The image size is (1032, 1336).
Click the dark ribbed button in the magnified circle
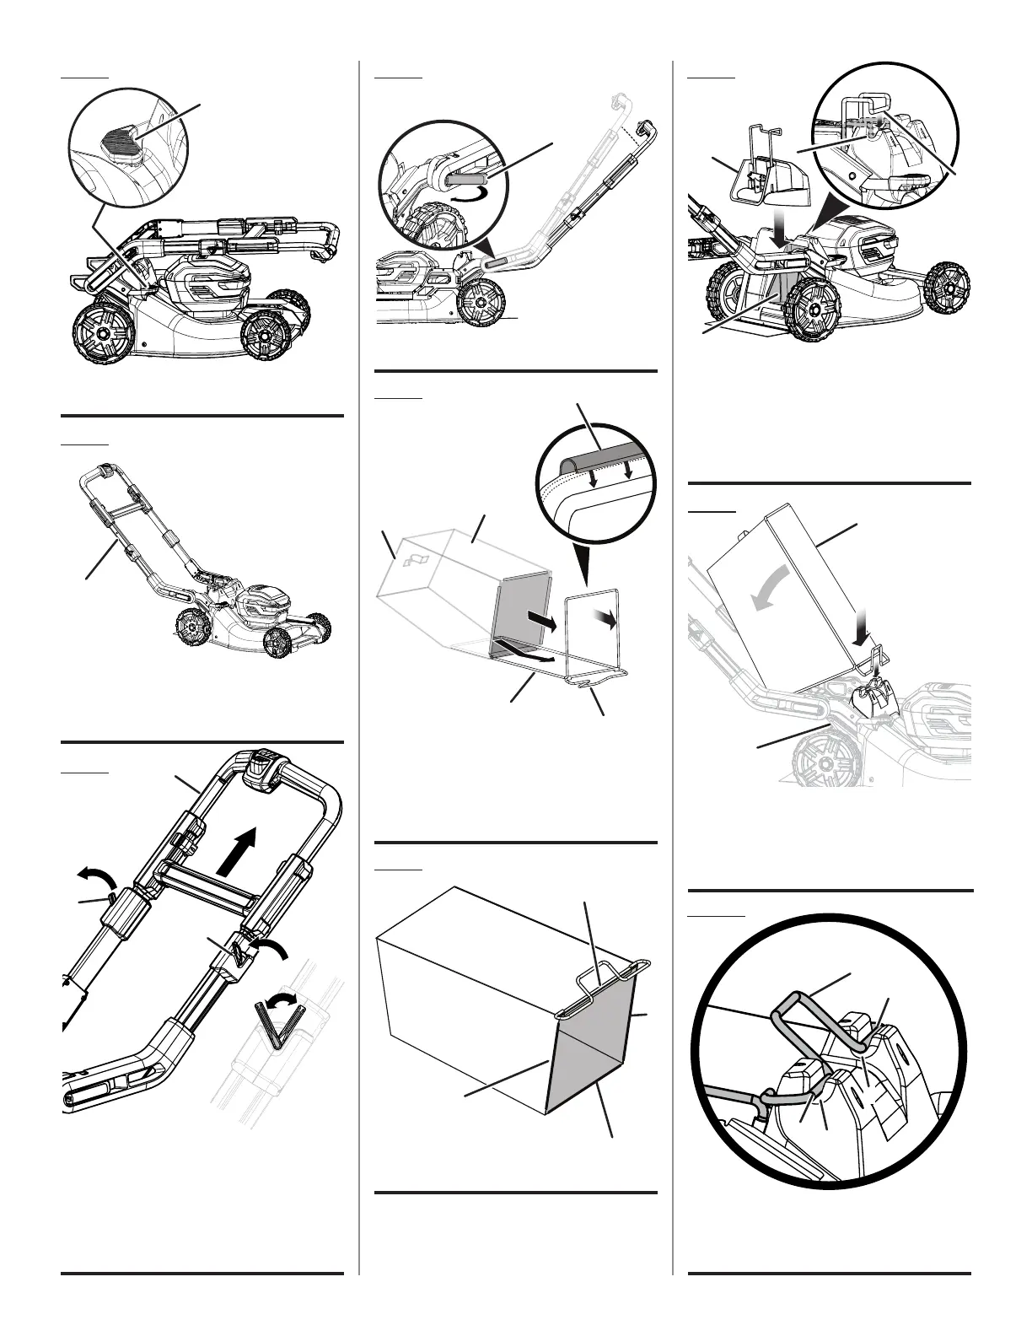[121, 138]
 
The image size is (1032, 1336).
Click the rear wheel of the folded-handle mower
[100, 333]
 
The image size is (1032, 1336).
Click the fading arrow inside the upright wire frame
[604, 618]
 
